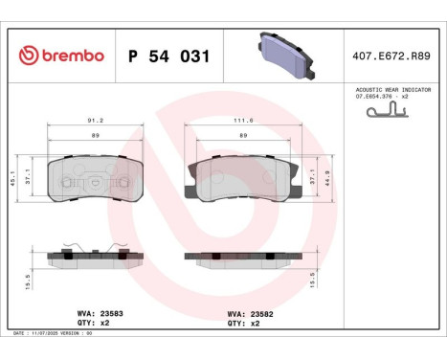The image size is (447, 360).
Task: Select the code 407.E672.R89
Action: point(392,56)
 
